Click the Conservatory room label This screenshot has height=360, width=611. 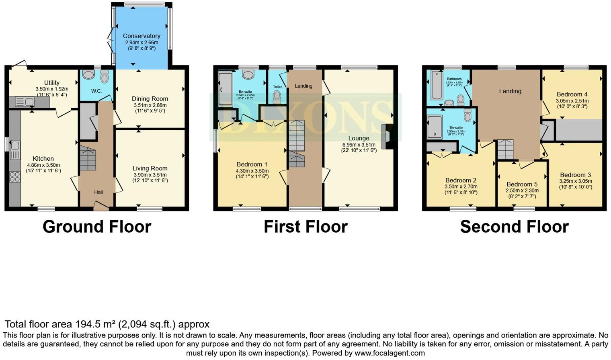tap(141, 36)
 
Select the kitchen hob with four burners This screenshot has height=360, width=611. tap(15, 177)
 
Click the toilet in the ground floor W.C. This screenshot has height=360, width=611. tap(105, 76)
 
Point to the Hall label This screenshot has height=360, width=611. tap(98, 192)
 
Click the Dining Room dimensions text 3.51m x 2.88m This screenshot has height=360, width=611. tap(150, 105)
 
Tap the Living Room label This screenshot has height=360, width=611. tap(150, 168)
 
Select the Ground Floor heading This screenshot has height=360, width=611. tap(97, 227)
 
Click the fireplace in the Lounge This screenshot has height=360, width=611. tap(387, 137)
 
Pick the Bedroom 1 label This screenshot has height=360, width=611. tap(252, 164)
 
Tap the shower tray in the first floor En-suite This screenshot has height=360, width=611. tap(225, 89)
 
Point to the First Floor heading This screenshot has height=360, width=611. tap(305, 227)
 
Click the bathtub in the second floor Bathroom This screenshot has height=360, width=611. tap(436, 85)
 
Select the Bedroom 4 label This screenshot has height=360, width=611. tap(572, 94)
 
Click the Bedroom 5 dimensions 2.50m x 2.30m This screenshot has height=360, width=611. tap(522, 191)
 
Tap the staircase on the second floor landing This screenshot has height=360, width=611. tap(505, 149)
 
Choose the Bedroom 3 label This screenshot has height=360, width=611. tap(575, 175)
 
